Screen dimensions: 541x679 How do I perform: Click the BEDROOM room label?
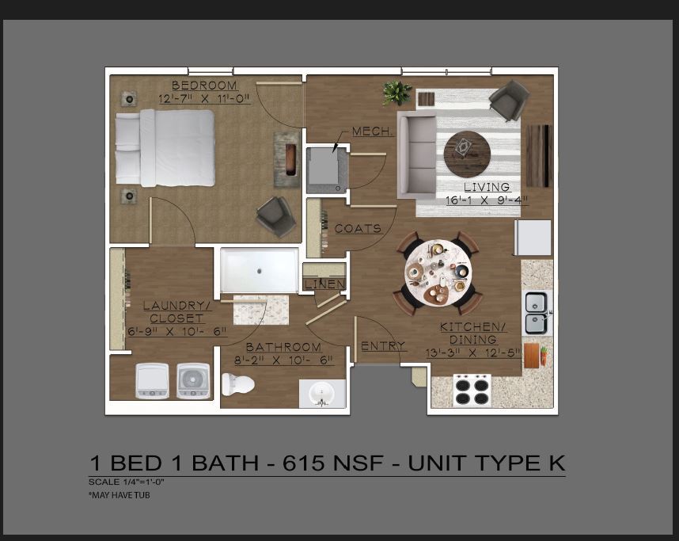click(x=204, y=86)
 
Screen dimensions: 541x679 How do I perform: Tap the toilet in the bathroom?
click(x=237, y=385)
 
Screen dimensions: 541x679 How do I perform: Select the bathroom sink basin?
click(x=322, y=393)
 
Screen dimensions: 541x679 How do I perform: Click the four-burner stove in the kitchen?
click(x=472, y=390)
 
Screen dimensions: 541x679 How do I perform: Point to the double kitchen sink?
click(x=537, y=313)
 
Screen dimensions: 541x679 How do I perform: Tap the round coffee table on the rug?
click(x=467, y=154)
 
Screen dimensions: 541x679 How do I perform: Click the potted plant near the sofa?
click(x=396, y=93)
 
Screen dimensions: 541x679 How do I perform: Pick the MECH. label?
click(x=372, y=131)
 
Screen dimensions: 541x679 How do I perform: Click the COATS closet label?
click(x=358, y=229)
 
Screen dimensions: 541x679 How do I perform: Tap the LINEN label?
click(x=325, y=284)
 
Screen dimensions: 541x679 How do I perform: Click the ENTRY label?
click(x=383, y=346)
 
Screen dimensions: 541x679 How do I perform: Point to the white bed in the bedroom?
click(x=165, y=147)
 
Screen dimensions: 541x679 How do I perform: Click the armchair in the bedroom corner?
click(x=274, y=215)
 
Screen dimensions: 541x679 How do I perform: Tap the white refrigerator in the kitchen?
click(x=533, y=238)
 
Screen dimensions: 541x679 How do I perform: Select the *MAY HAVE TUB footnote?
click(x=119, y=495)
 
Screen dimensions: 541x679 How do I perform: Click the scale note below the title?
click(x=126, y=481)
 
